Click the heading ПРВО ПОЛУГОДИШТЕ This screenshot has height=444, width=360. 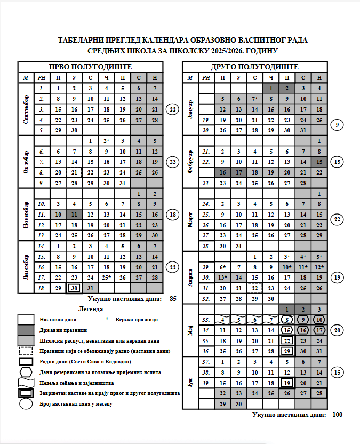click(90, 67)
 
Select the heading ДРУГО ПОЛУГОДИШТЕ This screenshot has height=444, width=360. click(254, 67)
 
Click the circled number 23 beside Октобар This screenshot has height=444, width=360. click(172, 161)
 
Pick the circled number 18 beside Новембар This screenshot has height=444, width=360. click(172, 215)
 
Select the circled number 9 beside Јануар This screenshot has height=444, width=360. click(337, 125)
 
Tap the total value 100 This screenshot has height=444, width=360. click(337, 414)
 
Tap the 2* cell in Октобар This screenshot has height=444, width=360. click(107, 141)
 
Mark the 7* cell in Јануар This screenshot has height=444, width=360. click(254, 99)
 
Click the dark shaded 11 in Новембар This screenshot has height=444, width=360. click(74, 214)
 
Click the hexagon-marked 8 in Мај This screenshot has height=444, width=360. click(287, 320)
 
